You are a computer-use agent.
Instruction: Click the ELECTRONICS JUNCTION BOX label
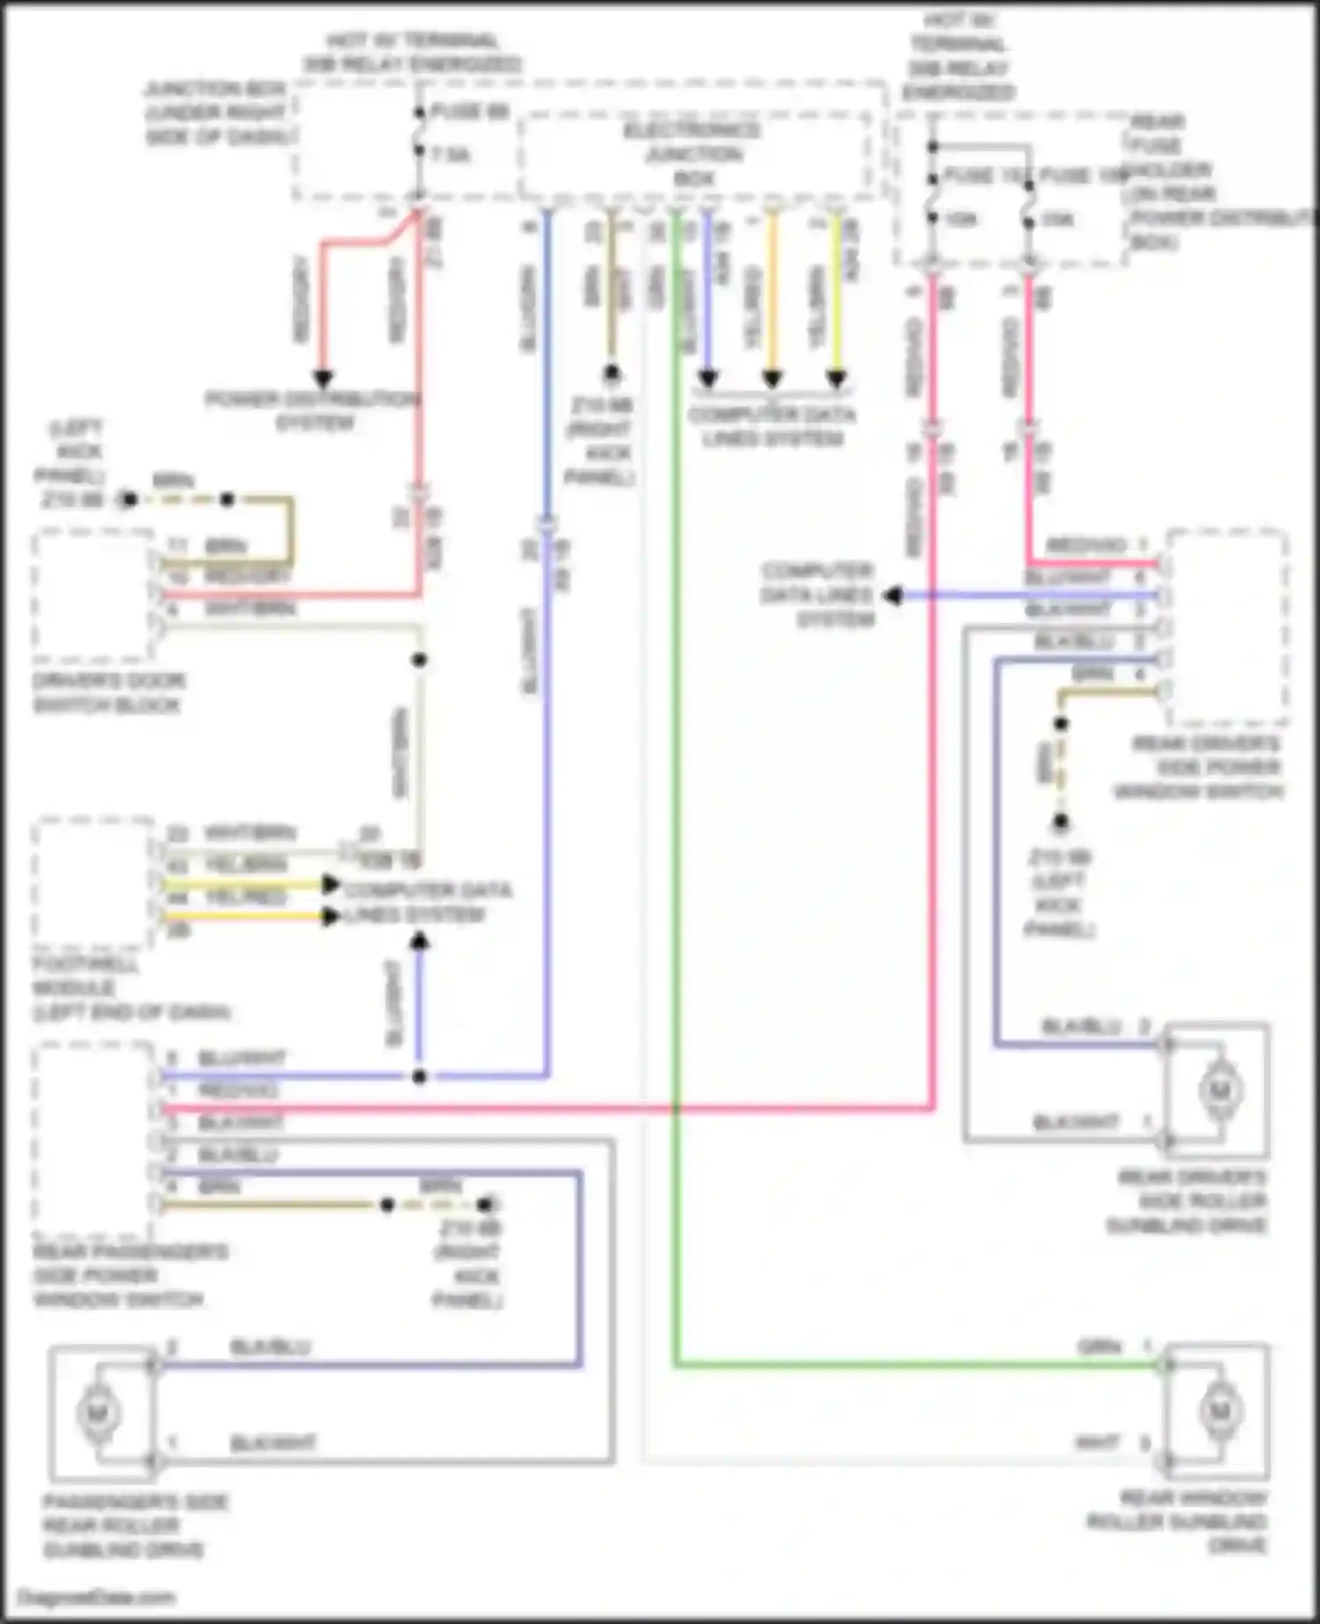tap(693, 154)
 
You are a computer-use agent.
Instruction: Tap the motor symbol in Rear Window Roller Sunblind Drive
tap(1219, 1411)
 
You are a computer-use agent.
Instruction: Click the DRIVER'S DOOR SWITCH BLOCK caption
tap(108, 693)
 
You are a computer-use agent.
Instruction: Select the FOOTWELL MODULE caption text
tap(130, 989)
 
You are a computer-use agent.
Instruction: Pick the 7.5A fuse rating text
tap(451, 155)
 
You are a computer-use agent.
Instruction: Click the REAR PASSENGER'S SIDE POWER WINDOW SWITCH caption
tap(129, 1276)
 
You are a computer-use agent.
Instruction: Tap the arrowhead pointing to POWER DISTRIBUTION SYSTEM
tap(323, 379)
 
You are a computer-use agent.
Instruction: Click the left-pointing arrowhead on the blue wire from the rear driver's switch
tap(892, 596)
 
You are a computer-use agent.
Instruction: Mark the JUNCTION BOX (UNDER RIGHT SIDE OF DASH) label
tap(216, 113)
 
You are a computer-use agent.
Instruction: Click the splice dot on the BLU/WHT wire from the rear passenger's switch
tap(420, 1076)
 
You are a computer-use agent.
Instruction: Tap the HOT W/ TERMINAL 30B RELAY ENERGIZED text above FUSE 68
tap(412, 53)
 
